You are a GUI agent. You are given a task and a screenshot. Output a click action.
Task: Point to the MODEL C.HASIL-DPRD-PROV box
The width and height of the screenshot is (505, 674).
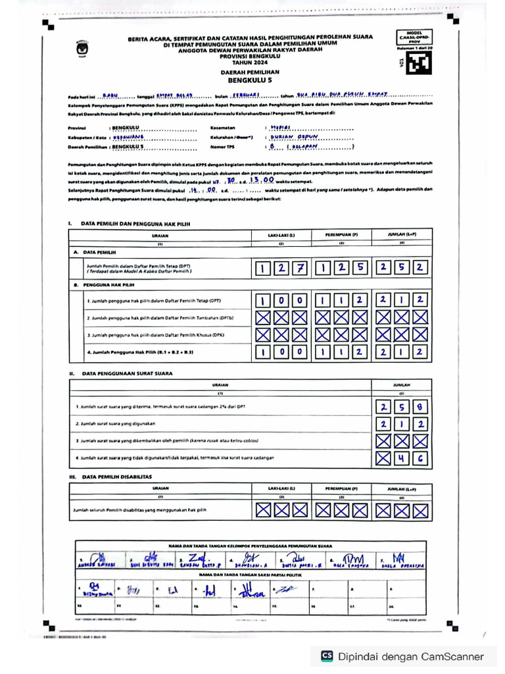413,39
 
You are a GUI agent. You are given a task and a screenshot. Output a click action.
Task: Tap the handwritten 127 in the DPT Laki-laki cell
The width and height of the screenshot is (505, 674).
281,267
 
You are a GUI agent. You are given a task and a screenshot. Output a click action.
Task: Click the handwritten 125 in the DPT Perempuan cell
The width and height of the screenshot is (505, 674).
341,267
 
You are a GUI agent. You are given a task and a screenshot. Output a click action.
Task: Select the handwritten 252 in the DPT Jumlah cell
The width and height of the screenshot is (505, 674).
402,267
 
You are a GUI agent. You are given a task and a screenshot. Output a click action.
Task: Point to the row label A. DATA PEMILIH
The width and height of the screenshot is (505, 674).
95,251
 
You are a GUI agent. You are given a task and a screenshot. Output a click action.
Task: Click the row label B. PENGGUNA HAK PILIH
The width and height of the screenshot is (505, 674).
105,284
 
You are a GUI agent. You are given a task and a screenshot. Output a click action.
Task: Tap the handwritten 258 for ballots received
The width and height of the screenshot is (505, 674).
402,407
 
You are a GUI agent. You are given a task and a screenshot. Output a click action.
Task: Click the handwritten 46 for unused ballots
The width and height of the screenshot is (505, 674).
411,457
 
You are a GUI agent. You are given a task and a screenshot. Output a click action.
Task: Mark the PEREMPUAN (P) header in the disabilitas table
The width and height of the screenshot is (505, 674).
341,488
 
